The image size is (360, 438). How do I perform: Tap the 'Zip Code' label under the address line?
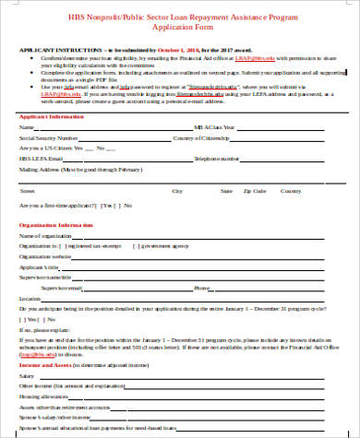(x=254, y=191)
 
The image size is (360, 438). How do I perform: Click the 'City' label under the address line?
(x=177, y=191)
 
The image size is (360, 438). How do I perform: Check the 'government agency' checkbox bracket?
(x=136, y=246)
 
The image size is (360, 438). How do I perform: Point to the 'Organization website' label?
(x=45, y=256)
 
